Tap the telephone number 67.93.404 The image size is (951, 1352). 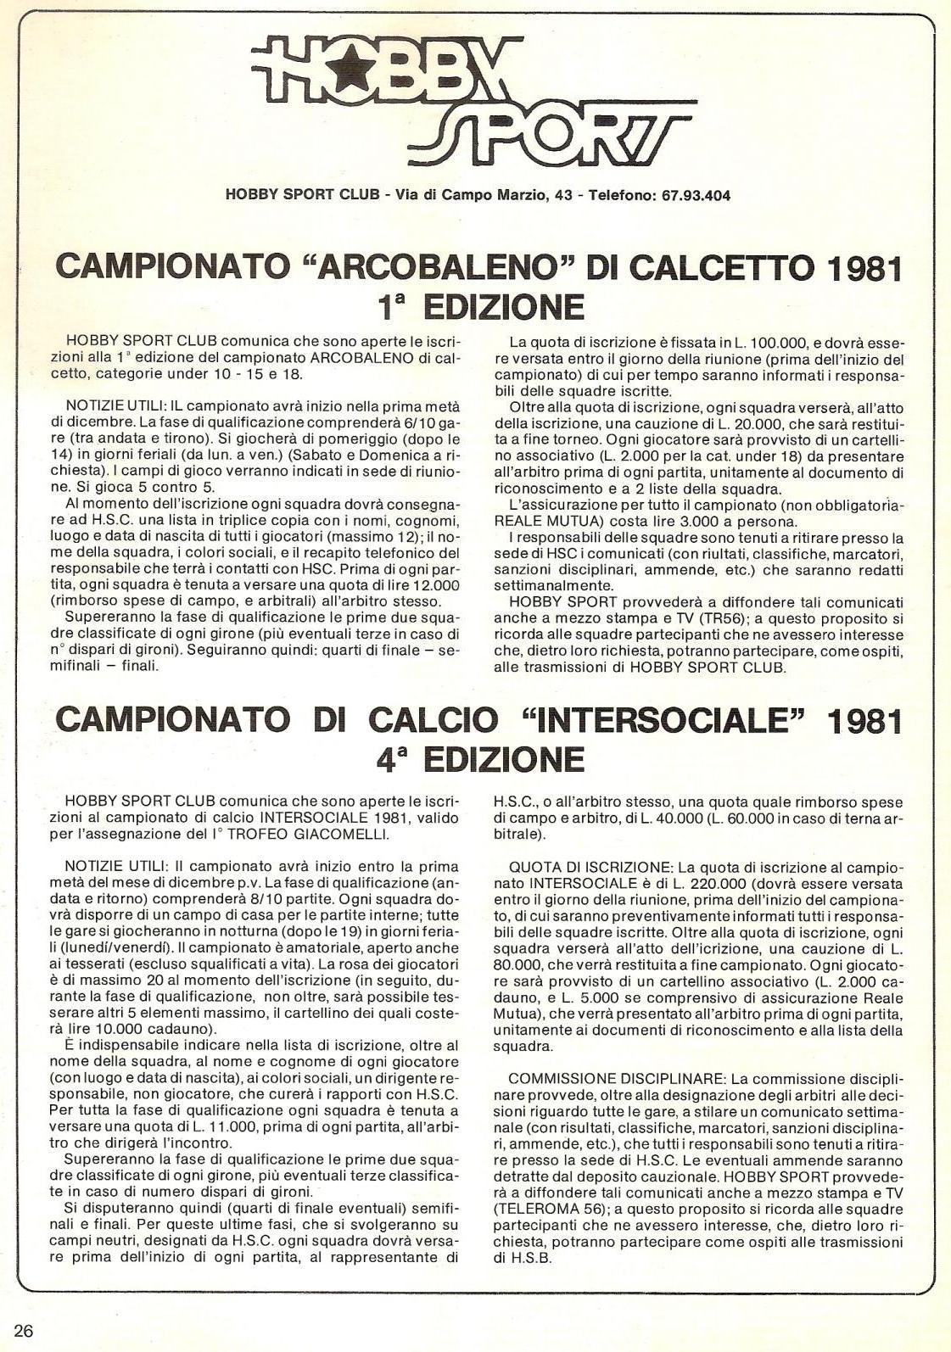(x=693, y=195)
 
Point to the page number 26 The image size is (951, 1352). (x=23, y=1330)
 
